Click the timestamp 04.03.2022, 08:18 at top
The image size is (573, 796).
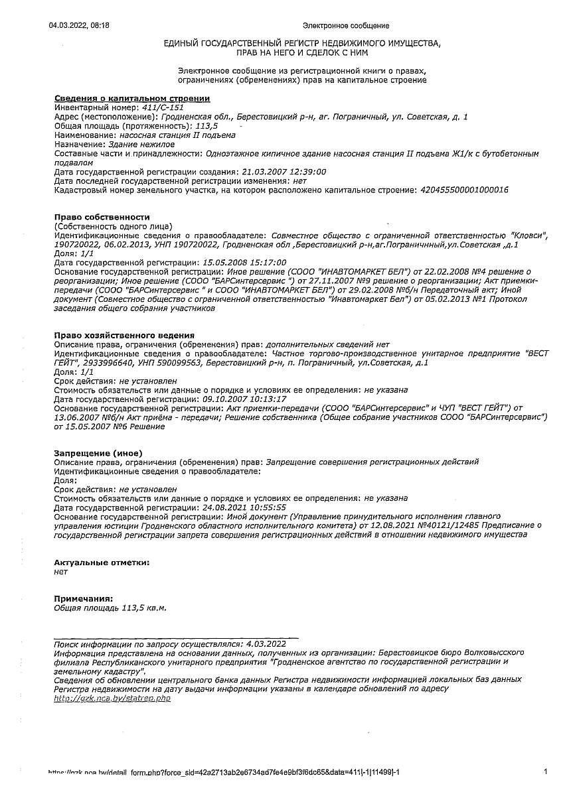(79, 25)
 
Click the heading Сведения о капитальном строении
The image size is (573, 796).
(131, 98)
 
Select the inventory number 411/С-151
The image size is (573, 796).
(163, 107)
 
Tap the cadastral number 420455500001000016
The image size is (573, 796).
(464, 190)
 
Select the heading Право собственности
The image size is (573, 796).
(102, 217)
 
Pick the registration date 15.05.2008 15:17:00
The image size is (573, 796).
(244, 263)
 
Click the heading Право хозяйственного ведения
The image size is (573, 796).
(123, 336)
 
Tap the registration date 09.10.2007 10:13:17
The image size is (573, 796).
(244, 399)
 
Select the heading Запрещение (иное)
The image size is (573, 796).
(93, 453)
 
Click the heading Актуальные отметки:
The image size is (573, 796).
(101, 562)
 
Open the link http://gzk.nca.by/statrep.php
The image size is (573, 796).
(112, 698)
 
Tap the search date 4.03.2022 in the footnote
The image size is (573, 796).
(266, 643)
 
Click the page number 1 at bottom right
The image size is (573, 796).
(545, 771)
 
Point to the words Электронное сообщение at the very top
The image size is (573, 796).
(345, 26)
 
